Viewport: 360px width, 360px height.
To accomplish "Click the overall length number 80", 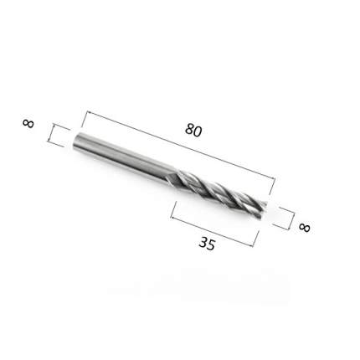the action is click(x=193, y=131).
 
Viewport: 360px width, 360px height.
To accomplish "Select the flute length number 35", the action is click(x=207, y=244).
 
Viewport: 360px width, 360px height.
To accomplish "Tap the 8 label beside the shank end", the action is click(x=28, y=123).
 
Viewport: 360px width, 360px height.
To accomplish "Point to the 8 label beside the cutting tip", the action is click(x=304, y=227).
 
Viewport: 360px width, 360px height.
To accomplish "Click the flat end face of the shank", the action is click(x=75, y=141).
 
